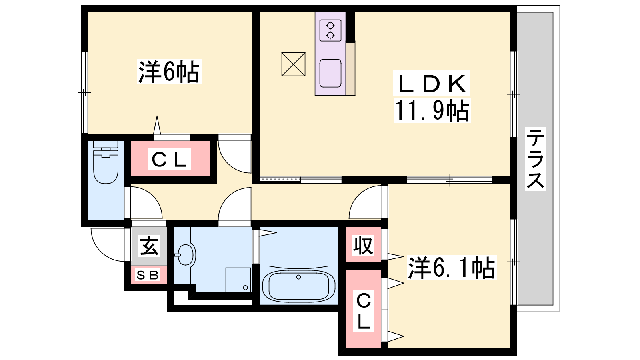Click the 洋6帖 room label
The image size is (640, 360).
(169, 72)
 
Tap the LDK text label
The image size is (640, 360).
(431, 84)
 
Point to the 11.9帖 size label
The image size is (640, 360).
(432, 110)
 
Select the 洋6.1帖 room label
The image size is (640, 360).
(452, 268)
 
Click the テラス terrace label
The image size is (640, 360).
(536, 159)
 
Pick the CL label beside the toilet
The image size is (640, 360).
(169, 160)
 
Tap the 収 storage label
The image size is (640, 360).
(363, 245)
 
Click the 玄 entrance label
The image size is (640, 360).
(149, 246)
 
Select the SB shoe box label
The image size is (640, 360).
(148, 275)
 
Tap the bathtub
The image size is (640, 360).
(298, 286)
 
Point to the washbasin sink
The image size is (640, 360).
(185, 255)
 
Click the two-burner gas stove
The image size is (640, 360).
(330, 30)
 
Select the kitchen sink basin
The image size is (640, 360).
(330, 73)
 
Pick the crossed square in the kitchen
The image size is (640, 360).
(293, 64)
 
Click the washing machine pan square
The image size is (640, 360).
(238, 280)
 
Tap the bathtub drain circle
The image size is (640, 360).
(298, 277)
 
